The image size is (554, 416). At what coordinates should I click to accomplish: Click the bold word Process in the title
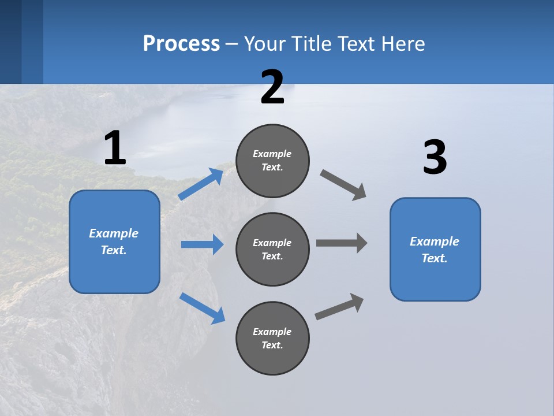(181, 43)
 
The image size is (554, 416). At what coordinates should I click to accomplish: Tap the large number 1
(115, 148)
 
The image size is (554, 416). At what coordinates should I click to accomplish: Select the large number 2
(272, 87)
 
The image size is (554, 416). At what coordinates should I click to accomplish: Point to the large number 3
(435, 158)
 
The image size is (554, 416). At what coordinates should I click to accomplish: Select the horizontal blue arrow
(203, 244)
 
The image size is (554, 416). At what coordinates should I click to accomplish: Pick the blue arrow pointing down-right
(203, 307)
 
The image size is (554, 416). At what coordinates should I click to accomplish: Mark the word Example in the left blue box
(114, 233)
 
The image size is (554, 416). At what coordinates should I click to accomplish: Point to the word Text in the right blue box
(433, 258)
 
